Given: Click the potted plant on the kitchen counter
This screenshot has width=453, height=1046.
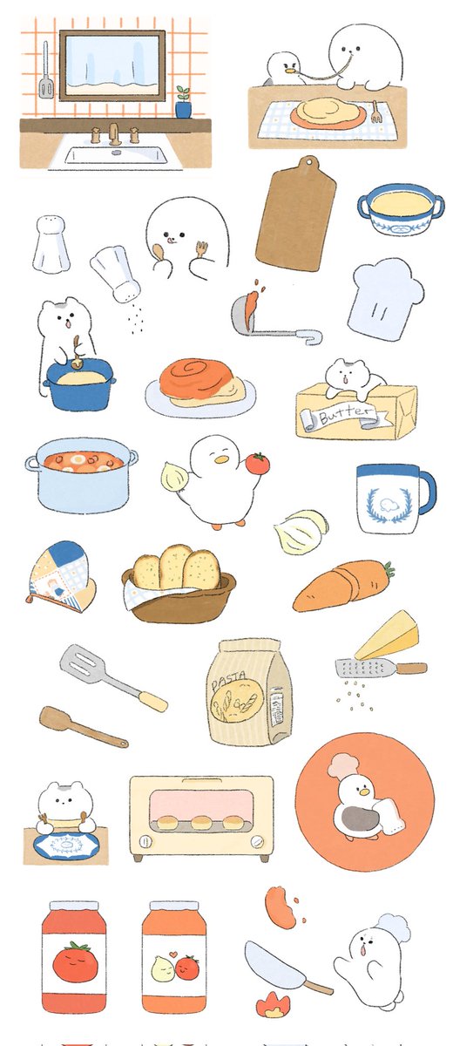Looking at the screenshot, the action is [x=183, y=103].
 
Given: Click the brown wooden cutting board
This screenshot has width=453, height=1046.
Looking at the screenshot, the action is [x=296, y=214].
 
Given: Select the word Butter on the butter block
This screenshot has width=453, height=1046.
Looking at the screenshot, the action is [x=346, y=413].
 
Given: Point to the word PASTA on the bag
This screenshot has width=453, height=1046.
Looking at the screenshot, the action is [x=228, y=681].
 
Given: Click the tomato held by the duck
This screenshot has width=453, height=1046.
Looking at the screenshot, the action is [x=258, y=463].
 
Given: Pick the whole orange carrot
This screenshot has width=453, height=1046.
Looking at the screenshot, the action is [x=343, y=585].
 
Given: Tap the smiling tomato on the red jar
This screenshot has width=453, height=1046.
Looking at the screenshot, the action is [x=75, y=961].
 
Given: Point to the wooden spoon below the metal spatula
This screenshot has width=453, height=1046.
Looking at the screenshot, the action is [x=82, y=726].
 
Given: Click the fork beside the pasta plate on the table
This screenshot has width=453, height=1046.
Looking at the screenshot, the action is [x=375, y=112].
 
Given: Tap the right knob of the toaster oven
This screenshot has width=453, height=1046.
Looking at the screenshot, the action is [x=256, y=841].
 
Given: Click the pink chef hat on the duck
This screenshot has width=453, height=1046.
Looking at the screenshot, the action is [x=341, y=766].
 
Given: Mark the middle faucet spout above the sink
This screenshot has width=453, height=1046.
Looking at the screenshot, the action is [x=114, y=134].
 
